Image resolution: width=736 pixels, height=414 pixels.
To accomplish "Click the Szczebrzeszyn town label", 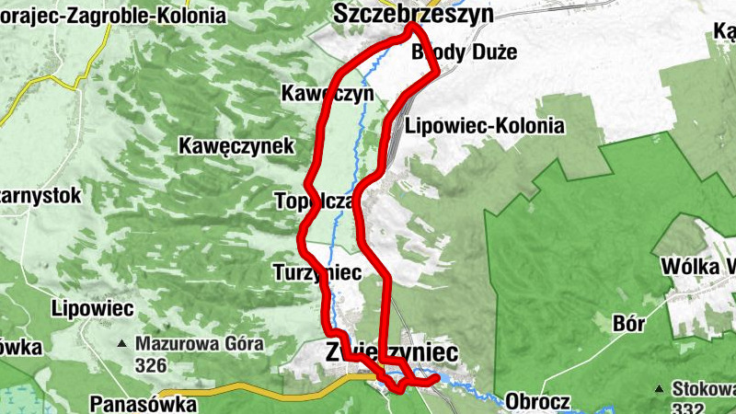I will click(414, 14).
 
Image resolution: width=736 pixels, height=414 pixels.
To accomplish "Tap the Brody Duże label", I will click(464, 52).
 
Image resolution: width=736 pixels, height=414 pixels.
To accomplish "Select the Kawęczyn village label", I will click(327, 93).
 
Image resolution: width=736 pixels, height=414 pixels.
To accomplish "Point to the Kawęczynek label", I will click(236, 145).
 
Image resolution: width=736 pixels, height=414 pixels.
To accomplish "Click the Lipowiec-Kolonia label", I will click(484, 125).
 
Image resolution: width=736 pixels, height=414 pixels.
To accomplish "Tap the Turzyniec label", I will click(317, 272).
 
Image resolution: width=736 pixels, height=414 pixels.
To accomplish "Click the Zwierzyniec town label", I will click(391, 352).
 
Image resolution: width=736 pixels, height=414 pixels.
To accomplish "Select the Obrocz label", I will click(537, 402).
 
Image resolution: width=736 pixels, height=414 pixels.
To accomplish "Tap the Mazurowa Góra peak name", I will click(199, 345).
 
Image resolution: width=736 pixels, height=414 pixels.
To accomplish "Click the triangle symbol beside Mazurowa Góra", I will click(121, 345).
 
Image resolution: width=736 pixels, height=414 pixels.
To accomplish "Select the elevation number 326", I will click(150, 365).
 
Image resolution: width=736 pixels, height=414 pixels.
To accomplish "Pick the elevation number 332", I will click(688, 407).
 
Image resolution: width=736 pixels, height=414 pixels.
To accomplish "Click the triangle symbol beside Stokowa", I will click(660, 388).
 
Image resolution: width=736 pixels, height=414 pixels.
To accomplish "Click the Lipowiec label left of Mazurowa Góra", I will click(94, 306).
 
